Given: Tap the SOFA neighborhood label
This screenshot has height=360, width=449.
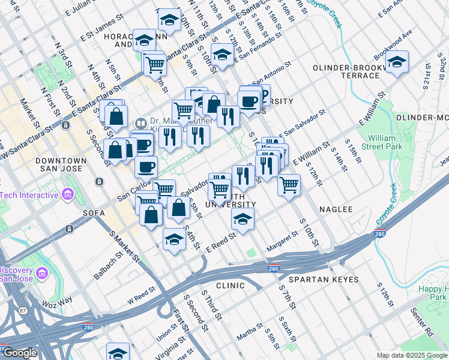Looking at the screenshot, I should [x=95, y=212].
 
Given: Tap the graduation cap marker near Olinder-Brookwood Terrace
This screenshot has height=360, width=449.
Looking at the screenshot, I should [x=397, y=62].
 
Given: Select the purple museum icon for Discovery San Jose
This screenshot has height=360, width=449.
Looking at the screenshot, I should [x=41, y=274].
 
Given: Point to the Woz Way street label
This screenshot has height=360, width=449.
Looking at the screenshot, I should [x=58, y=299].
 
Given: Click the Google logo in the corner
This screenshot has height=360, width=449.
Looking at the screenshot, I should [x=20, y=353].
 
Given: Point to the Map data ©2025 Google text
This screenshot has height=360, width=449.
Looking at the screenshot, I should [x=412, y=355].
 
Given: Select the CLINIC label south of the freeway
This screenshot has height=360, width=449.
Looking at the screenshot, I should [x=231, y=286].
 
